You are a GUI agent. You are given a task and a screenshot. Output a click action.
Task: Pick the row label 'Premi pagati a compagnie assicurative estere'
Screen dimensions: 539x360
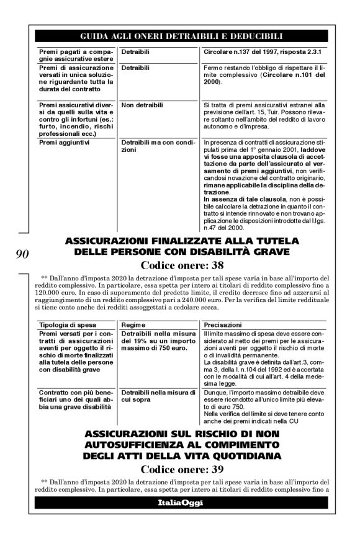click(74, 53)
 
